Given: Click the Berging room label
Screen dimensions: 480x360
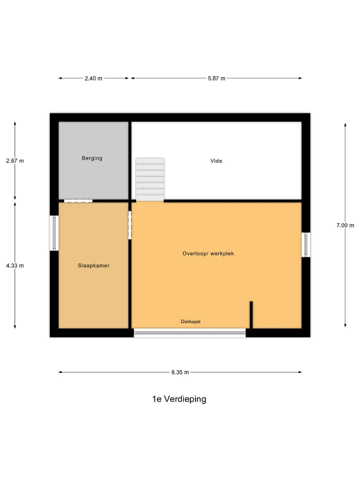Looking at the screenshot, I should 92,158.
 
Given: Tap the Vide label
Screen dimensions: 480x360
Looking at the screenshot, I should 216,161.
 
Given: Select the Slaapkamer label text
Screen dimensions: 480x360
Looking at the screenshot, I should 93,265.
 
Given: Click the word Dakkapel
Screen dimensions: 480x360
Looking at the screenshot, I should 190,321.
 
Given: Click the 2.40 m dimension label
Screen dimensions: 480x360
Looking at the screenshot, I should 93,78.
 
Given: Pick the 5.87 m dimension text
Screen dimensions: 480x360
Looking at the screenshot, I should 216,78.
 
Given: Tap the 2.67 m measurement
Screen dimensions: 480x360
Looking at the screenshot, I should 15,160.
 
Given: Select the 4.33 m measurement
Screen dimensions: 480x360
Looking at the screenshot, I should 15,265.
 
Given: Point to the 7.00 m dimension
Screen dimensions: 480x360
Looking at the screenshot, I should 345,225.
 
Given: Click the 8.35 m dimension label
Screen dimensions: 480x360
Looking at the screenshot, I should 180,372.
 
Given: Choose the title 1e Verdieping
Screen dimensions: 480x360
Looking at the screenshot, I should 179,399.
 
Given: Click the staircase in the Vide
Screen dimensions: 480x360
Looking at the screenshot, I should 150,179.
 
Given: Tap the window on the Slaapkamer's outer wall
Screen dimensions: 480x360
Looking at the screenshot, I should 54,233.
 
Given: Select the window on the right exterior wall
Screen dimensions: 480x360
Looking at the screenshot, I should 305,244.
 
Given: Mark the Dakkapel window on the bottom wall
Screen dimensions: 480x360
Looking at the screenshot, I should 190,332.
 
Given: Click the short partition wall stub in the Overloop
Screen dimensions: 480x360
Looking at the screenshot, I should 251,314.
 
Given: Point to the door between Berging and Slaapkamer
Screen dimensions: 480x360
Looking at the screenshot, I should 78,201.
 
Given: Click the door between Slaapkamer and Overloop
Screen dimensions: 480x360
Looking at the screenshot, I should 130,225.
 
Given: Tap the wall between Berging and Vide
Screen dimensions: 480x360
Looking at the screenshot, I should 130,160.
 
